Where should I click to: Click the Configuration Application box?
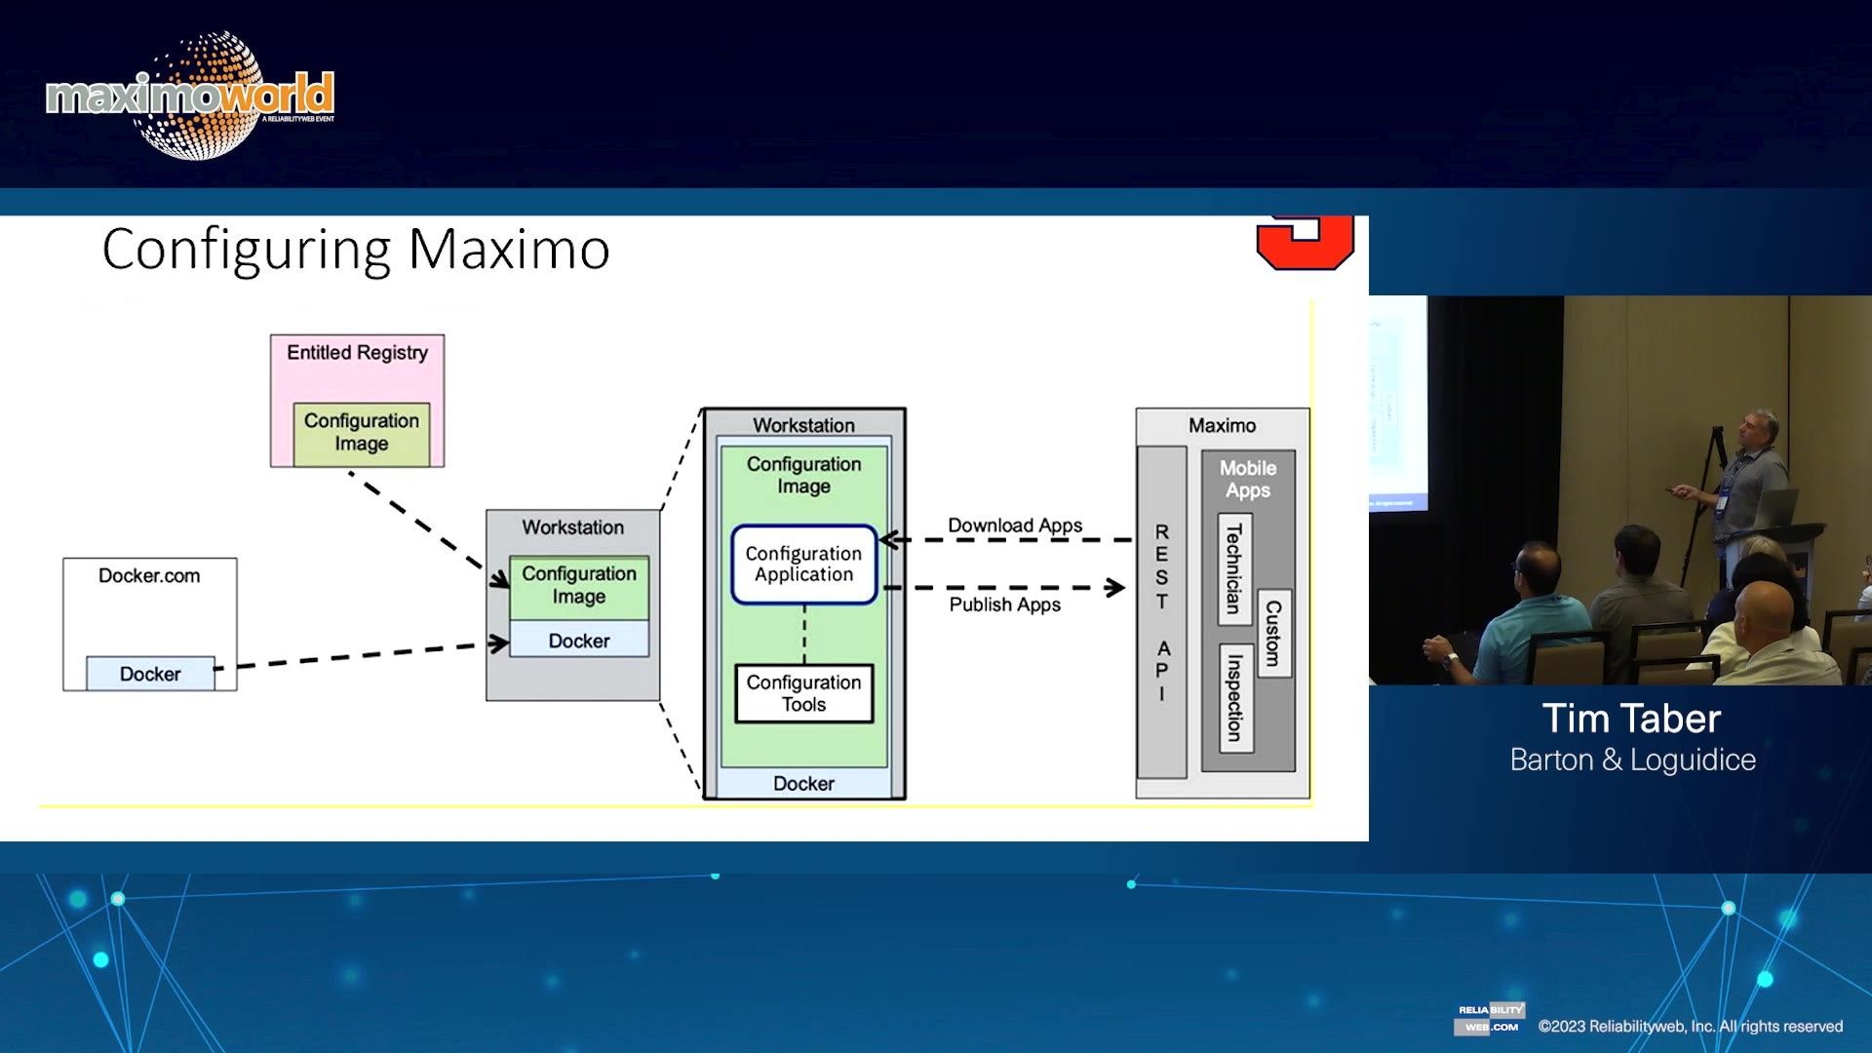pos(803,565)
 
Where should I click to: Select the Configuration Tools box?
pos(803,693)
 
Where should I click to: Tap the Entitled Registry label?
pos(357,353)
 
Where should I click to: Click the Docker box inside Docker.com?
pos(150,674)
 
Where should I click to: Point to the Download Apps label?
pos(1014,526)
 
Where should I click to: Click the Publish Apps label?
pos(1004,604)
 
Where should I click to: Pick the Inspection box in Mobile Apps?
pos(1234,697)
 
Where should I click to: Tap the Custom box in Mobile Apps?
pos(1273,633)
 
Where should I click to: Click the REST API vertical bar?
pos(1161,612)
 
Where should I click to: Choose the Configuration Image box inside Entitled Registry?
pos(361,433)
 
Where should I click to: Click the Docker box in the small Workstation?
pos(578,641)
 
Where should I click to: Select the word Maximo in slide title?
pos(508,249)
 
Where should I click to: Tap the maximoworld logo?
pos(190,96)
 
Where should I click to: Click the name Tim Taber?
pos(1631,719)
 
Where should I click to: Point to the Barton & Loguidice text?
pos(1632,760)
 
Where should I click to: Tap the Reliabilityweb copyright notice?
pos(1690,1026)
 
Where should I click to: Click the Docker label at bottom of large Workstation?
pos(803,783)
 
